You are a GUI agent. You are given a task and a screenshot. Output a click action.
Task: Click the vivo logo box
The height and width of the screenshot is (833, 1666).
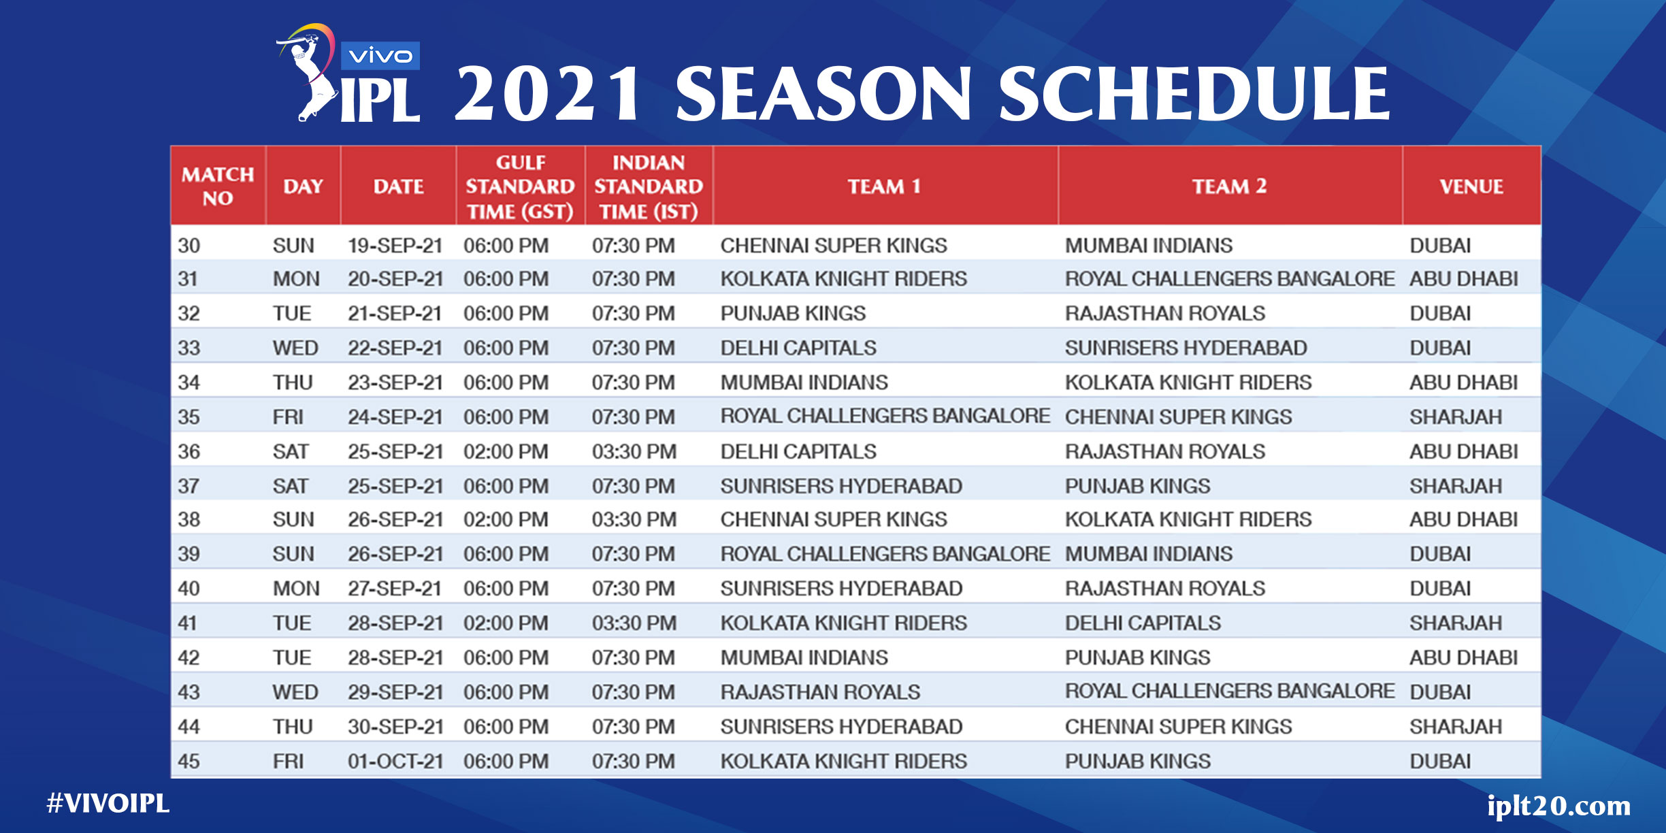point(380,56)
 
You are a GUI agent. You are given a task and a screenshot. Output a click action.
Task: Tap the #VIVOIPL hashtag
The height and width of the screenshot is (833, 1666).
point(108,803)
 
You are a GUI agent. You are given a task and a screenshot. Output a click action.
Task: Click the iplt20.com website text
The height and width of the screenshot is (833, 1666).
point(1558,806)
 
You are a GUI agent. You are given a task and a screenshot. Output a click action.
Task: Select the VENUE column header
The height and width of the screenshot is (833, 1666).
point(1471,186)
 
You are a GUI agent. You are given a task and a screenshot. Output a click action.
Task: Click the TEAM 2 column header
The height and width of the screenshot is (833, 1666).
point(1229,186)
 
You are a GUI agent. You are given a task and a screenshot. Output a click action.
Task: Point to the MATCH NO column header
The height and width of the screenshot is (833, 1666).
point(218,186)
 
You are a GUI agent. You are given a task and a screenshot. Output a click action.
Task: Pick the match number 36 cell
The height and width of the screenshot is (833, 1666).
point(189,451)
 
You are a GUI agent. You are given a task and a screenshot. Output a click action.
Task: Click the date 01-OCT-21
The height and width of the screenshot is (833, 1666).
point(395,761)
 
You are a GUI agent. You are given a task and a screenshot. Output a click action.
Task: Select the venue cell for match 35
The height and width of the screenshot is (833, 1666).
point(1456,416)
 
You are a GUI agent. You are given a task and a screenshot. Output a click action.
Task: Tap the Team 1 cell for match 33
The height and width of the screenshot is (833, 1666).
point(798,348)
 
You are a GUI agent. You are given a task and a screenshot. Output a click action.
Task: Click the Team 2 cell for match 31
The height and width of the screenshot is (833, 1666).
point(1230,278)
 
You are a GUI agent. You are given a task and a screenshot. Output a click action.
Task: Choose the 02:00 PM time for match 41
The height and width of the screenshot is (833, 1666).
point(506,623)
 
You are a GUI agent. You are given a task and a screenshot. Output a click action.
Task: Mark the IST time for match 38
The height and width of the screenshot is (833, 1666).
point(634,519)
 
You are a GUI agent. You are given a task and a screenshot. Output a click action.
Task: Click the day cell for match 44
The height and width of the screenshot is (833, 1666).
point(293,726)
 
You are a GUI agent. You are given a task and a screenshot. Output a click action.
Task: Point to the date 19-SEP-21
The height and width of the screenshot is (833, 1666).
point(395,245)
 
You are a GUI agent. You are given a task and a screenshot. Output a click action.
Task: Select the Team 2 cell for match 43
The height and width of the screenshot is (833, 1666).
point(1230,691)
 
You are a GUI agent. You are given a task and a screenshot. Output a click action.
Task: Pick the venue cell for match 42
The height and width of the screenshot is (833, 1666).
point(1464,657)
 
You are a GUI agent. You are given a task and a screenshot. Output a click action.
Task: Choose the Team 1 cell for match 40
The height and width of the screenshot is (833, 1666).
point(841,588)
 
